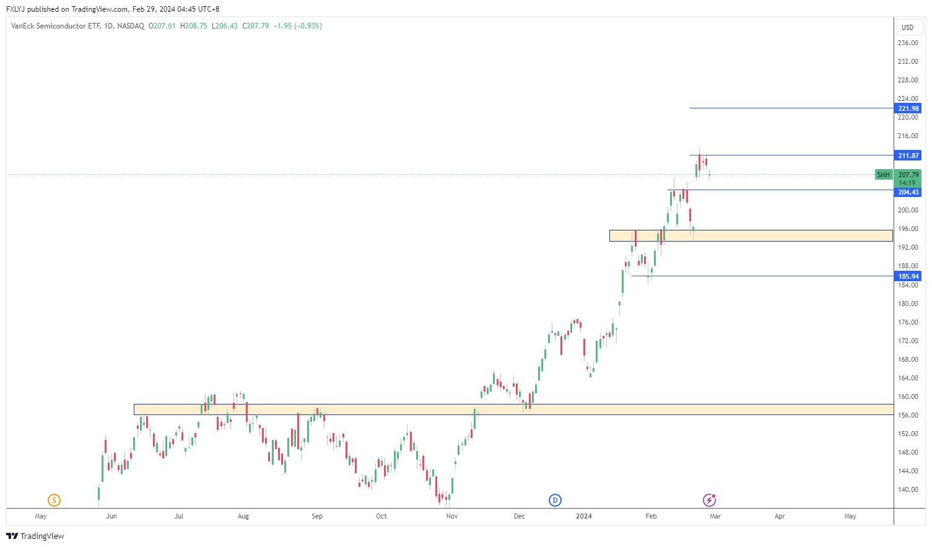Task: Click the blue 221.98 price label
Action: [908, 108]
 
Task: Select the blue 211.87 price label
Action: [908, 155]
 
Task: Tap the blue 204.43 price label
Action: [908, 192]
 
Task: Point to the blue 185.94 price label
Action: [908, 276]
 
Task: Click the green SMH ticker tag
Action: [883, 175]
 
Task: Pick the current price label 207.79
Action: [908, 175]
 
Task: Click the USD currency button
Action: [907, 27]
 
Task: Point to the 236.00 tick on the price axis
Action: [907, 43]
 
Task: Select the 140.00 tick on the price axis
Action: [907, 489]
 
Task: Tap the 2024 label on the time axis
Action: [583, 516]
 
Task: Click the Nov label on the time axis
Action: [452, 516]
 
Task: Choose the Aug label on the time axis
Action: [243, 516]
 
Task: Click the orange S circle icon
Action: [54, 500]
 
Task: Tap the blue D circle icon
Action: [555, 500]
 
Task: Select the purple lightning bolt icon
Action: [709, 500]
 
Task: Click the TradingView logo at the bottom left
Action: [35, 536]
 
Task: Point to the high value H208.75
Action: [194, 26]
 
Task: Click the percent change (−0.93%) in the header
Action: [308, 26]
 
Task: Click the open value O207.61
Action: [162, 26]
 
